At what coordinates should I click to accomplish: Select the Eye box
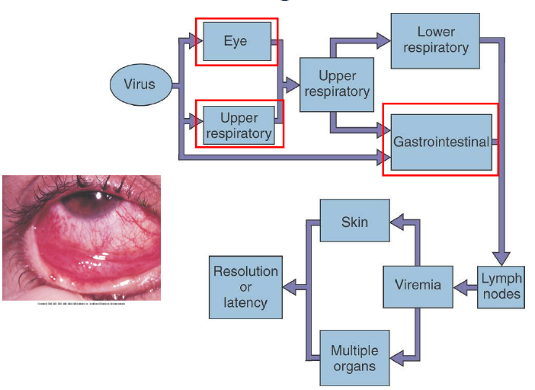point(235,41)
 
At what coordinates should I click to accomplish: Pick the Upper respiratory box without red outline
point(338,85)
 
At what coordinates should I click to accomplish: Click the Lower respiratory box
point(434,40)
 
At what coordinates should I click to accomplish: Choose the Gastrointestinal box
point(440,142)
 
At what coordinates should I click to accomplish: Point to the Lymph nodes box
point(501,286)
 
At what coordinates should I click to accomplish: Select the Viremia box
point(418,286)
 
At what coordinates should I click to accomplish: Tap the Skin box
point(354,222)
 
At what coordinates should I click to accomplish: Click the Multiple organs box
point(354,359)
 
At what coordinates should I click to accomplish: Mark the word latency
point(245,303)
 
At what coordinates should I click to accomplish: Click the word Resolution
point(245,271)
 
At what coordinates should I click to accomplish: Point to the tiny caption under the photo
point(81,304)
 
